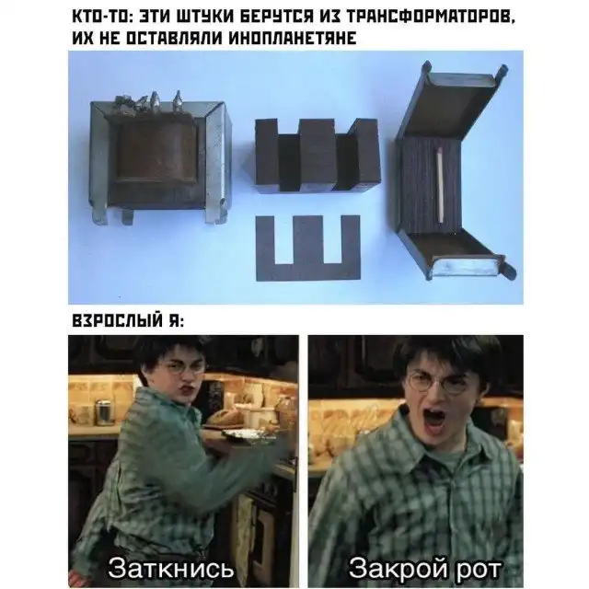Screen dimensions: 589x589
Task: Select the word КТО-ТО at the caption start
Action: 100,17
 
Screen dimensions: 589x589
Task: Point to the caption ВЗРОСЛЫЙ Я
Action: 128,321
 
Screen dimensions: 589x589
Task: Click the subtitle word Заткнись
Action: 171,569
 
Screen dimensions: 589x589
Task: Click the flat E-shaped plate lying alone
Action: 308,248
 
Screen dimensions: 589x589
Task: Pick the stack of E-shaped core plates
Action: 316,155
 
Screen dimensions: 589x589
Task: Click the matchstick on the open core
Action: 440,184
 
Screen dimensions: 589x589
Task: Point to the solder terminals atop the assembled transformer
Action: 150,100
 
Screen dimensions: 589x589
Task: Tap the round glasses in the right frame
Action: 437,382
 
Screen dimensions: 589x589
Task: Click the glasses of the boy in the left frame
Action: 183,367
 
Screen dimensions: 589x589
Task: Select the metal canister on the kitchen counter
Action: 104,413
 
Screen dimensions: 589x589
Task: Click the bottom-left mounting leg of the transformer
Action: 100,215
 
